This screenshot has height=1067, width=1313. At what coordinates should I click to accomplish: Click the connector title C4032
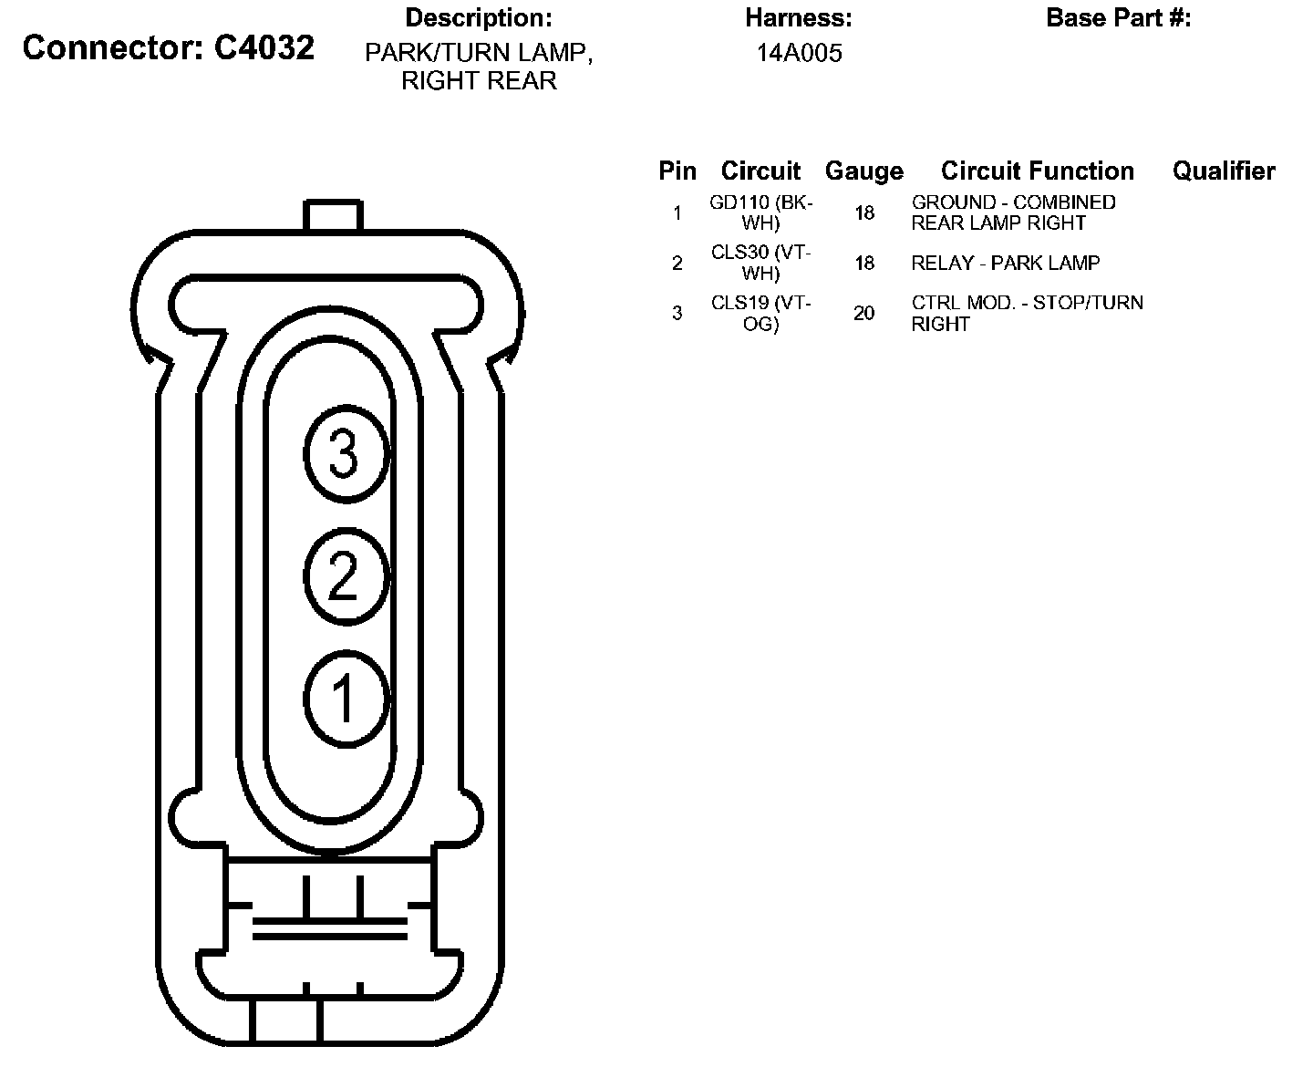pyautogui.click(x=169, y=47)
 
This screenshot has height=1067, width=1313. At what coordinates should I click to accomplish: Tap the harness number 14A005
pyautogui.click(x=799, y=53)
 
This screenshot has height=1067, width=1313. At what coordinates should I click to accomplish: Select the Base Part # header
pyautogui.click(x=1118, y=18)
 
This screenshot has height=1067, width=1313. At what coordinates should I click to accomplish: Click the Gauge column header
pyautogui.click(x=864, y=171)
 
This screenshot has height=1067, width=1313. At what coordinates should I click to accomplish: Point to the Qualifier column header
pyautogui.click(x=1224, y=171)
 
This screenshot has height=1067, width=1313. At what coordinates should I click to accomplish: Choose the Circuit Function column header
pyautogui.click(x=1038, y=171)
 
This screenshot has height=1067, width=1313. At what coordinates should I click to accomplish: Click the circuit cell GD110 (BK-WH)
pyautogui.click(x=761, y=212)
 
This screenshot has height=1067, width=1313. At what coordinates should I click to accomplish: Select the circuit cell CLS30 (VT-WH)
pyautogui.click(x=761, y=263)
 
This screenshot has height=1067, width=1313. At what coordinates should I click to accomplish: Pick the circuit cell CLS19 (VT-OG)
pyautogui.click(x=761, y=313)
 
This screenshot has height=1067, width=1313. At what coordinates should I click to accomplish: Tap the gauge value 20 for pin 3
pyautogui.click(x=864, y=313)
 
